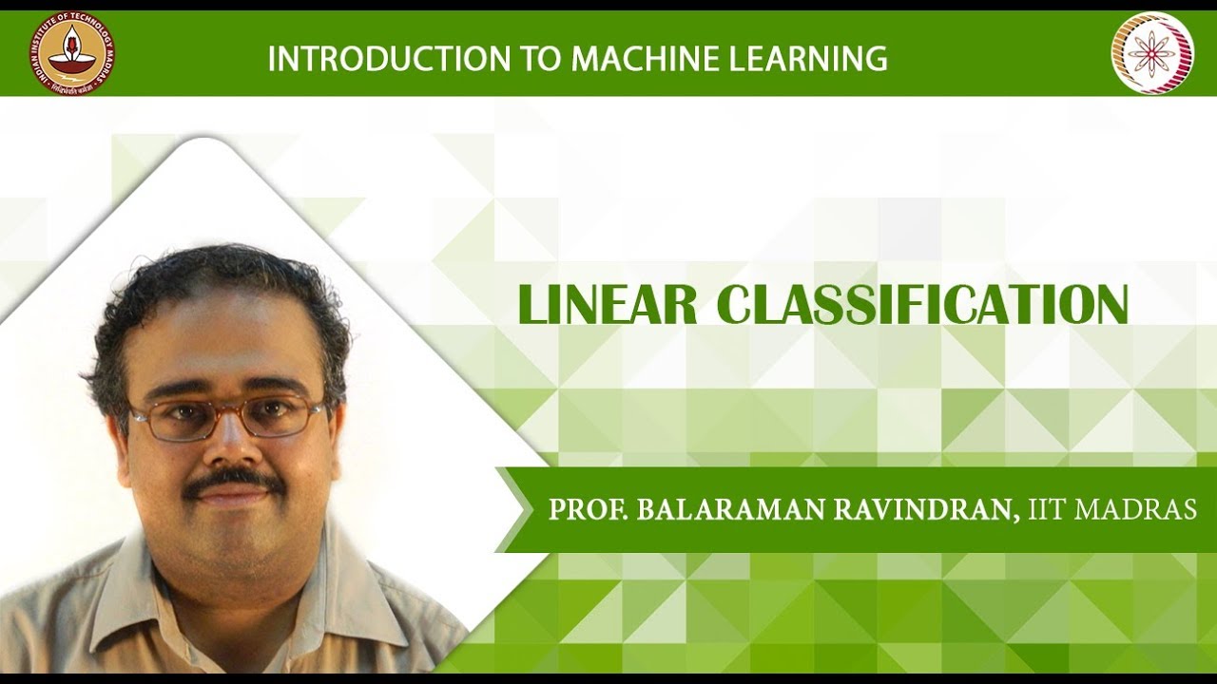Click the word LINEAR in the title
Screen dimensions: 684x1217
(608, 305)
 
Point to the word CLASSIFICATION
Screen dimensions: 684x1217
(922, 305)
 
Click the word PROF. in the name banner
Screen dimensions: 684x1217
(589, 509)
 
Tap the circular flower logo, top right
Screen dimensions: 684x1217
(1151, 53)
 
